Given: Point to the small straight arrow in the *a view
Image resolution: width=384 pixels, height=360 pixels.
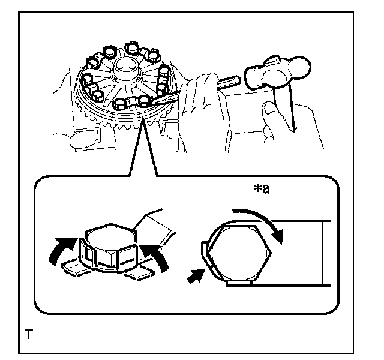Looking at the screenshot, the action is point(195,277).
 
